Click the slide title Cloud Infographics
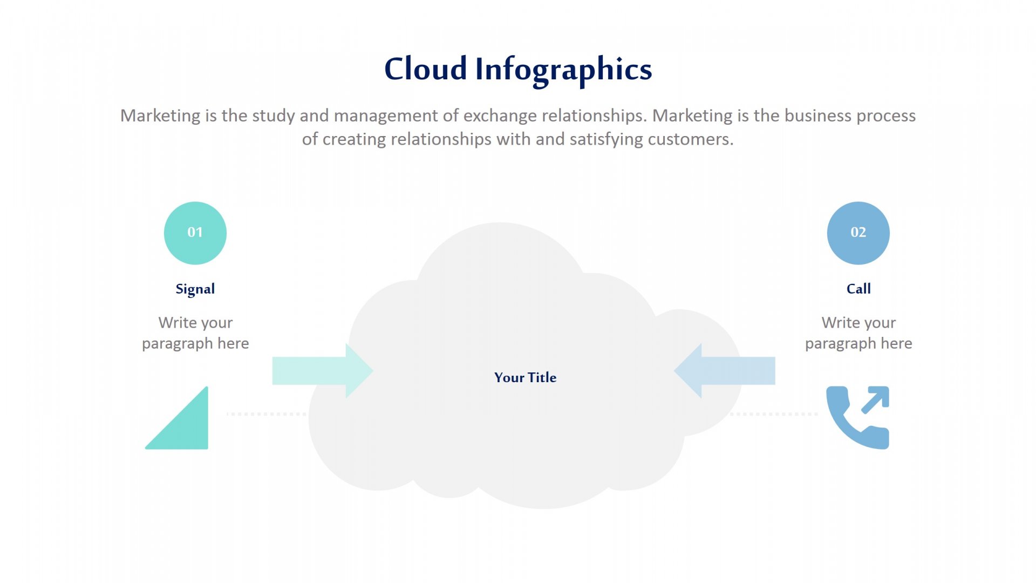[x=518, y=70]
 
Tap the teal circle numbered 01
[x=195, y=233]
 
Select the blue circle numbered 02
[x=858, y=233]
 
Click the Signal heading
[x=195, y=289]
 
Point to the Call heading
[x=858, y=289]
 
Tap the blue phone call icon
[x=858, y=417]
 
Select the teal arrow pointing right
[x=323, y=371]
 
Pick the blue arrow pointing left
[x=725, y=371]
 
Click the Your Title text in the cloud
[x=525, y=377]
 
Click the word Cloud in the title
[x=426, y=69]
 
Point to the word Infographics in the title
[x=564, y=71]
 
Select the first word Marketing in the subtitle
[x=160, y=116]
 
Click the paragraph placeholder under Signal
[x=195, y=333]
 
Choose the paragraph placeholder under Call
[x=858, y=333]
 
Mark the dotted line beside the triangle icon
[x=267, y=414]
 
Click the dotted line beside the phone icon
[x=774, y=414]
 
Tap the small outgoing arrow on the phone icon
[x=875, y=400]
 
